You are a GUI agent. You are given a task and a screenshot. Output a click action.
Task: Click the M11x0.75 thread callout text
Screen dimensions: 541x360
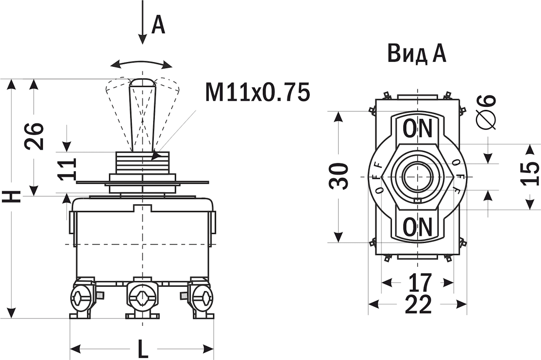coord(257,92)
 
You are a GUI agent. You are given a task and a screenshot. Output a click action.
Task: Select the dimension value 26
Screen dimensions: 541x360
coord(34,137)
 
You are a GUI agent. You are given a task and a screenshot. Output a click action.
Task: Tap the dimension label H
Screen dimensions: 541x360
coord(11,196)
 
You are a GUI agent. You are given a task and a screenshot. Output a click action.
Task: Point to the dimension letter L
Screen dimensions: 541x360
coord(143,348)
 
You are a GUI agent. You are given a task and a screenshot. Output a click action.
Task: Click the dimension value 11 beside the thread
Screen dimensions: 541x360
coord(67,169)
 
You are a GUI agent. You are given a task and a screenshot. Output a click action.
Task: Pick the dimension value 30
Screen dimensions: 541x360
coord(339,176)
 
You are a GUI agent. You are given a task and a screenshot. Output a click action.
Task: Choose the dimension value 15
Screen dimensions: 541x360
coord(530,174)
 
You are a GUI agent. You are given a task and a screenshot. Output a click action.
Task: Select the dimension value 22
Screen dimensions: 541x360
coord(418,304)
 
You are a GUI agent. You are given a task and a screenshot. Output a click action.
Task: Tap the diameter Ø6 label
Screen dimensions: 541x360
coord(486,112)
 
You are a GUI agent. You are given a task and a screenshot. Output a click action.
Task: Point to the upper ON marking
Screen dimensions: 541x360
coord(417,129)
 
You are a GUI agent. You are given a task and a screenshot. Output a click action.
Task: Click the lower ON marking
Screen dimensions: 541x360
coord(417,227)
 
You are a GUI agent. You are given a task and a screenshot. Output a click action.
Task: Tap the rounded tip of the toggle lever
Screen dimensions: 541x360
coord(143,82)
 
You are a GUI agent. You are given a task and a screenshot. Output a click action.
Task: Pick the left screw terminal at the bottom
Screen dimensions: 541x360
coord(82,298)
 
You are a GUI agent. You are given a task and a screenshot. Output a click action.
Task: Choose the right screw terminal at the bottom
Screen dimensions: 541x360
coord(202,298)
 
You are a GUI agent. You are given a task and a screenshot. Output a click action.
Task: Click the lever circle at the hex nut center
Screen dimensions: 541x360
coord(417,177)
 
